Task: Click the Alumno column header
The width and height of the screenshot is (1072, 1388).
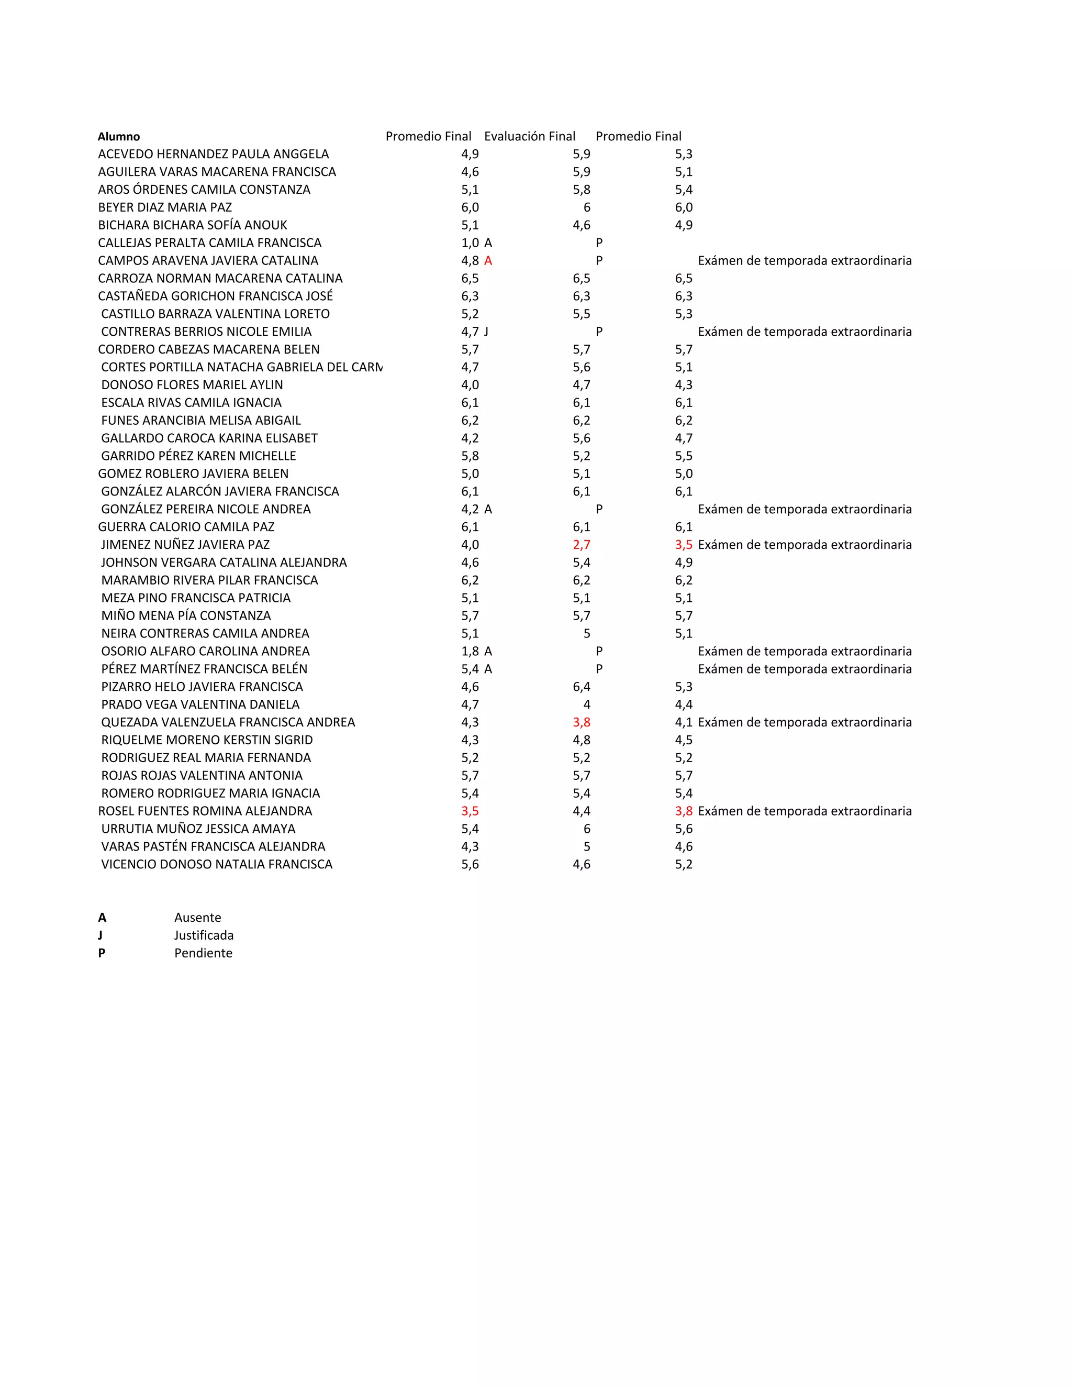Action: pyautogui.click(x=119, y=137)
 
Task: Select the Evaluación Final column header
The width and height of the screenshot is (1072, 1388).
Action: pyautogui.click(x=530, y=136)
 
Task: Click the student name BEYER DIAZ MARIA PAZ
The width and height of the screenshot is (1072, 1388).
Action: pyautogui.click(x=165, y=207)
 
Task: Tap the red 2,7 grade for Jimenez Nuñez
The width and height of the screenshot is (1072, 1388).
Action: pyautogui.click(x=581, y=545)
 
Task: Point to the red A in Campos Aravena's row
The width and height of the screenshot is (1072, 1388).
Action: pyautogui.click(x=488, y=260)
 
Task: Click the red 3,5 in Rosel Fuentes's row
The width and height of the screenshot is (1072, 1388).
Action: pyautogui.click(x=470, y=811)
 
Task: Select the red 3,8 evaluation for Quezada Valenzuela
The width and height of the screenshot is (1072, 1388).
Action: pyautogui.click(x=581, y=722)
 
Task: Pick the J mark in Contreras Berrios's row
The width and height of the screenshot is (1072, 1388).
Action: pyautogui.click(x=486, y=332)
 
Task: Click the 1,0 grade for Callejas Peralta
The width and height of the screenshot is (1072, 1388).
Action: pyautogui.click(x=470, y=243)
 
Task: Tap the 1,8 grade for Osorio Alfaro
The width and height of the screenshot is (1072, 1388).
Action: pyautogui.click(x=470, y=651)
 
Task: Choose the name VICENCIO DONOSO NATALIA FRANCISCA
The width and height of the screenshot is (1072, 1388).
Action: pyautogui.click(x=217, y=864)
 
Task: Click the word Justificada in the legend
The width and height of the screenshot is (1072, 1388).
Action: pyautogui.click(x=204, y=935)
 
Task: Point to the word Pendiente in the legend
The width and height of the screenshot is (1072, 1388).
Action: pyautogui.click(x=203, y=953)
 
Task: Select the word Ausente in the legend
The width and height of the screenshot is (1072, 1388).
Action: pyautogui.click(x=197, y=917)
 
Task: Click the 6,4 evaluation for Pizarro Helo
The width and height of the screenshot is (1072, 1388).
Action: pyautogui.click(x=581, y=686)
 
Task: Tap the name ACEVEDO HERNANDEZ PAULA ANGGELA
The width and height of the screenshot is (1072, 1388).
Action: pyautogui.click(x=214, y=154)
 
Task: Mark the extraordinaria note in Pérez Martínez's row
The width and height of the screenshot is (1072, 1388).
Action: pyautogui.click(x=805, y=668)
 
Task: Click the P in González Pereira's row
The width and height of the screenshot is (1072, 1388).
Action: pyautogui.click(x=599, y=509)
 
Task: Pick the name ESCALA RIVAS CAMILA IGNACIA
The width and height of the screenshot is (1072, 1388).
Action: pyautogui.click(x=191, y=402)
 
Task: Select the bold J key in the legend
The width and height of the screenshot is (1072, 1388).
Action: pyautogui.click(x=100, y=935)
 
